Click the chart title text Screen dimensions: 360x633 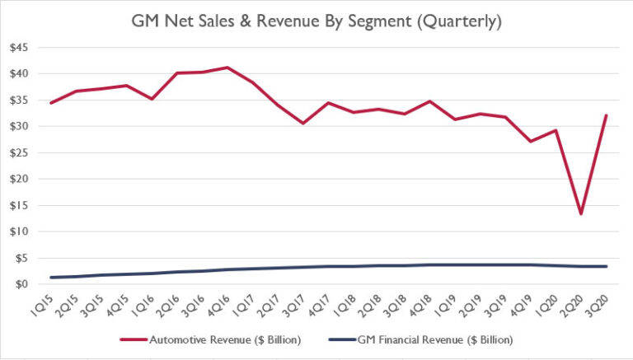(x=316, y=18)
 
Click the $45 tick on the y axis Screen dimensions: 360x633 (x=19, y=48)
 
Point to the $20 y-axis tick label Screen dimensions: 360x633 (x=19, y=179)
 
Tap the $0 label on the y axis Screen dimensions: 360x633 (x=21, y=284)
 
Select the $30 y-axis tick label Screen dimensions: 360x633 (x=19, y=126)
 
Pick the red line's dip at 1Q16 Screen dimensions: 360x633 (x=150, y=99)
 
